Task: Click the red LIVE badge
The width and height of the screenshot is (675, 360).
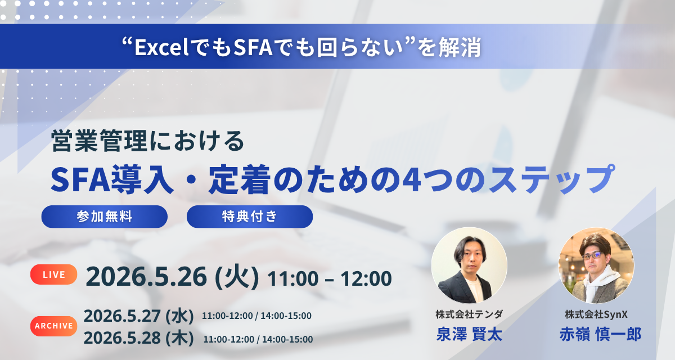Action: (x=54, y=274)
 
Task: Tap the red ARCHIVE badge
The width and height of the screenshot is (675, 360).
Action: (x=54, y=325)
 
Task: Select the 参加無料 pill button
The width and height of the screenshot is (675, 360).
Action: (x=105, y=217)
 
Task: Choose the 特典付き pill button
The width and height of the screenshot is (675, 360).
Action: (x=249, y=217)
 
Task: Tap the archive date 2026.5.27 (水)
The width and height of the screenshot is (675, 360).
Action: (x=139, y=316)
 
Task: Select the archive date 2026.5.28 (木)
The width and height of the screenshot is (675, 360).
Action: (x=139, y=337)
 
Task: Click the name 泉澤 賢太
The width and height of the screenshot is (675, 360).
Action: (x=469, y=334)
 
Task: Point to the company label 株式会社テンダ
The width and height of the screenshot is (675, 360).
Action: (x=469, y=314)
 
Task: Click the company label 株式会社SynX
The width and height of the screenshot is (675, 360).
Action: (x=596, y=314)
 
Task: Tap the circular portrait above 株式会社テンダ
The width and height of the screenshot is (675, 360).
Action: (x=469, y=265)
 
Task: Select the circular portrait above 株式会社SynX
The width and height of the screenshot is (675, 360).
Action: (x=596, y=265)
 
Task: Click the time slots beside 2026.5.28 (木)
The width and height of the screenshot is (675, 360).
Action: (x=258, y=339)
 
